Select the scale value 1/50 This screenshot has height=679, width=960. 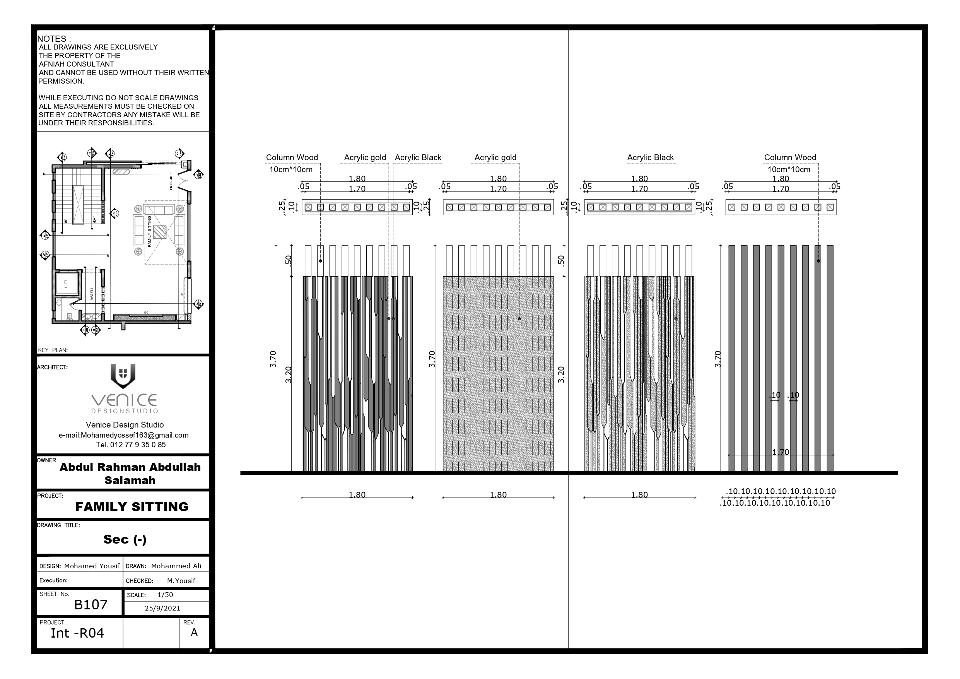tap(165, 595)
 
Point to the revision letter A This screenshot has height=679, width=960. tap(194, 633)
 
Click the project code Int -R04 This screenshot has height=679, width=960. tap(77, 633)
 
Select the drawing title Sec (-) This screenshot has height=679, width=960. tap(125, 539)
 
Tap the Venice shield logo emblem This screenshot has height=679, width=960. tap(123, 375)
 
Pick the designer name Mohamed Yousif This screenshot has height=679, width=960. tap(92, 566)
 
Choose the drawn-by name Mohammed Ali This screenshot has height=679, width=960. tap(176, 566)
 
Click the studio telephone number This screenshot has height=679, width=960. tap(130, 445)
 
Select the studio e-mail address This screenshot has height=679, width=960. tap(123, 435)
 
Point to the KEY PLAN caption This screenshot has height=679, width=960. tap(53, 350)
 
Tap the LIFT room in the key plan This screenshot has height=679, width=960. tap(66, 284)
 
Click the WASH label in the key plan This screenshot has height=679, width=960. tap(92, 294)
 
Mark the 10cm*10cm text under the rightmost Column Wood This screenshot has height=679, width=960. tap(789, 169)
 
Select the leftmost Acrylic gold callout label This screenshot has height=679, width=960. tap(365, 157)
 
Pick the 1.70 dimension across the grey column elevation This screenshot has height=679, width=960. tap(780, 452)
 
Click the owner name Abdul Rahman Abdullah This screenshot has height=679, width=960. tap(130, 467)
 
